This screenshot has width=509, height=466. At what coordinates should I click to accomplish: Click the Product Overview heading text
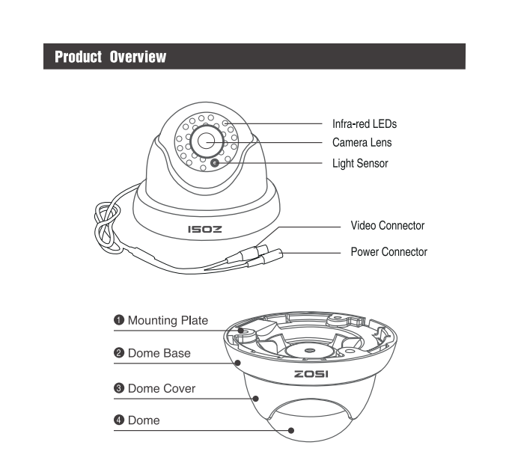pos(110,57)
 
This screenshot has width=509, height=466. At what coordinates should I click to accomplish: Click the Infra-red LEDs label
pos(364,123)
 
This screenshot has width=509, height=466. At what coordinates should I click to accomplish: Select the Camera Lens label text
pos(362,142)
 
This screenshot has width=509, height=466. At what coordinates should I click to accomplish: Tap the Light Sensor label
pos(360,163)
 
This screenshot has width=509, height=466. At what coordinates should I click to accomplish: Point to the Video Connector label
pos(387,225)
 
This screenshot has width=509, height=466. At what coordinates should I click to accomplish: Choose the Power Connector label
pos(388,251)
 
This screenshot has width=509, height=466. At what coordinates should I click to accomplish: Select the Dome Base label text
pos(159,353)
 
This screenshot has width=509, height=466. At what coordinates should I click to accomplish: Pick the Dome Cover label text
pos(162,388)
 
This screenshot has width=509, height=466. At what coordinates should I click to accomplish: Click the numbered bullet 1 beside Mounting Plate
pos(118,321)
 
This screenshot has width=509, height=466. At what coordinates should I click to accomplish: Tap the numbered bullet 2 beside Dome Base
pos(118,353)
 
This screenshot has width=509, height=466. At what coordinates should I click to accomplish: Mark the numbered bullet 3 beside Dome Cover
pos(118,388)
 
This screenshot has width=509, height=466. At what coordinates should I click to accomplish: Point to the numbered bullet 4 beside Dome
pos(118,420)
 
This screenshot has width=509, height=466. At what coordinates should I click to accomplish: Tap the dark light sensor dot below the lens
pos(216,163)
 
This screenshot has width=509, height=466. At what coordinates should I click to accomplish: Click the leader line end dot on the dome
pos(291,430)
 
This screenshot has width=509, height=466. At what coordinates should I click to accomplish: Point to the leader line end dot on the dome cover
pos(257,399)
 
